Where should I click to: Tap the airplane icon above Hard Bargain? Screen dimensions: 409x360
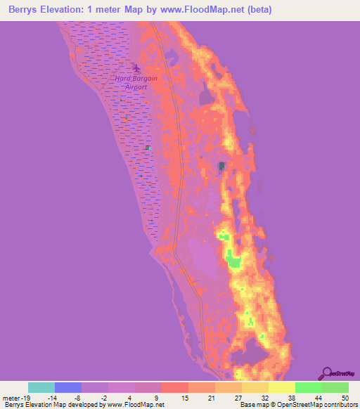click(x=136, y=69)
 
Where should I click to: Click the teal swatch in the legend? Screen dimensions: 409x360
click(x=41, y=387)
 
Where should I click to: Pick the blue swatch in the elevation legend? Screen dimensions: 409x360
click(x=68, y=387)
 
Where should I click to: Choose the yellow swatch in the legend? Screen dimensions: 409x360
click(x=282, y=387)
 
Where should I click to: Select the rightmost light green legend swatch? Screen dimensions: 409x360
click(x=335, y=387)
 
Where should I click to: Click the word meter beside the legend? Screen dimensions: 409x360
click(x=11, y=397)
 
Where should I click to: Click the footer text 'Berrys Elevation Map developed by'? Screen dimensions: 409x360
click(x=53, y=405)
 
